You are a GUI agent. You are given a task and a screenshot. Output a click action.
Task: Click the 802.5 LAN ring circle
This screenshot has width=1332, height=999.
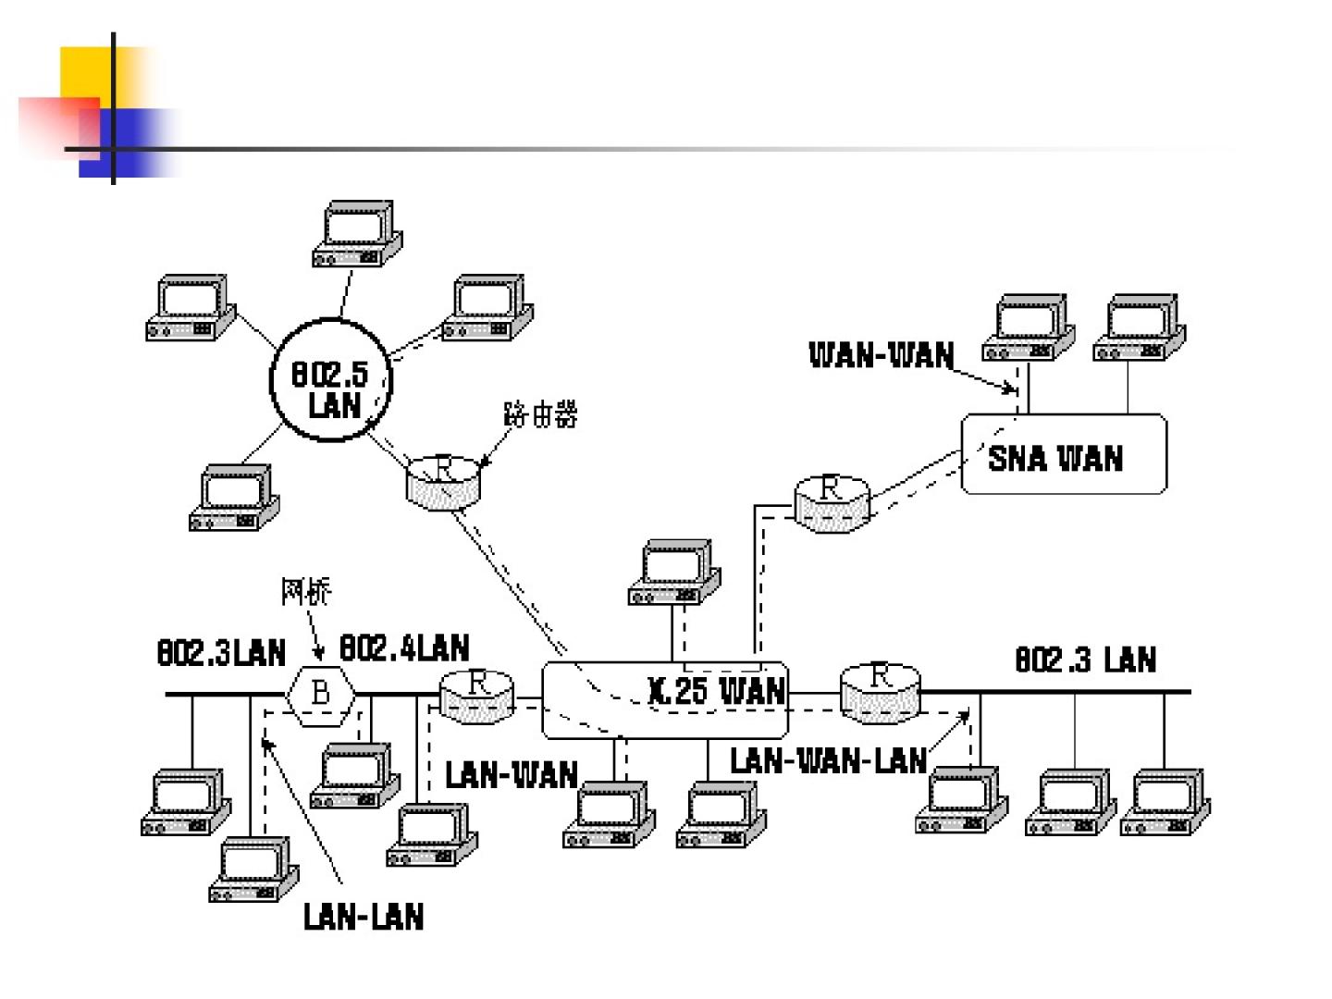click(330, 380)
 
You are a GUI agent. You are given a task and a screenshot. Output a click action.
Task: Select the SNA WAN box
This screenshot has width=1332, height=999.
click(1064, 454)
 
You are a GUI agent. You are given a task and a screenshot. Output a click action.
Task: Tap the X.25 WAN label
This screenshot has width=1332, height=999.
click(717, 691)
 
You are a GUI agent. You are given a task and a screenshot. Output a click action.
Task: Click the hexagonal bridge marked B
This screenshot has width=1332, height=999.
click(320, 692)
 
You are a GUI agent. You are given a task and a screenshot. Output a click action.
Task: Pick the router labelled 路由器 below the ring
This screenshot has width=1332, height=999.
click(443, 481)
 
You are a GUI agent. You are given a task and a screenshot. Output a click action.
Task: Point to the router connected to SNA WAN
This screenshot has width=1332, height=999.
click(831, 501)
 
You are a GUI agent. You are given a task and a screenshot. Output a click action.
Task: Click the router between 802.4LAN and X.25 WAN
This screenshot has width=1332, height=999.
click(476, 696)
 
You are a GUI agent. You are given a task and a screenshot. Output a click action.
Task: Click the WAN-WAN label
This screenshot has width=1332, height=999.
click(881, 355)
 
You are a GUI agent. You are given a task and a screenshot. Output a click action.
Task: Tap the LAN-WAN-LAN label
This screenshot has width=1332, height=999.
click(828, 760)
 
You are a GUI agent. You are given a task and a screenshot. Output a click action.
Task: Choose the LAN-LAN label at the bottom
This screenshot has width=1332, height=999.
click(364, 917)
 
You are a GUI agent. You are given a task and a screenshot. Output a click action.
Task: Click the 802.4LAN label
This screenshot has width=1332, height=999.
click(404, 648)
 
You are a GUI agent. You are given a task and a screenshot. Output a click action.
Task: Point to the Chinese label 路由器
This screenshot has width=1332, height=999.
click(540, 414)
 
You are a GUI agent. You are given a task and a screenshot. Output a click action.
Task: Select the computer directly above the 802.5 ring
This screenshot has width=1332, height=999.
click(357, 234)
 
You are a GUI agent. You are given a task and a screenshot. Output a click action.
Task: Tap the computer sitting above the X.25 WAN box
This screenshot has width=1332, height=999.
click(674, 573)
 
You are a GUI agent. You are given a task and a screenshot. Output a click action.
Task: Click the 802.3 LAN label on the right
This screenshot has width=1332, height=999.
click(1086, 660)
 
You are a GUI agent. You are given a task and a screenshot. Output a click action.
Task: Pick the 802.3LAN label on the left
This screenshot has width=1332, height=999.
click(221, 653)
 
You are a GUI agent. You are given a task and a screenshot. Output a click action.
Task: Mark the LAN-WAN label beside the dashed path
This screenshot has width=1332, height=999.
click(512, 774)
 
